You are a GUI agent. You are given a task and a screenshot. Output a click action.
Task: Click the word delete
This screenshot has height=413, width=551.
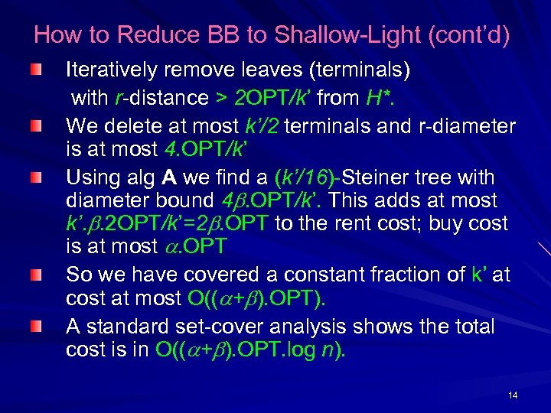[132, 125]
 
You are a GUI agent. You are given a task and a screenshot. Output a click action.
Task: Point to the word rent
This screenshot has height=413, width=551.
[359, 224]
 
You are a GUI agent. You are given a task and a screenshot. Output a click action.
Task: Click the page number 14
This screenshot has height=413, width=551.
[512, 395]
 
